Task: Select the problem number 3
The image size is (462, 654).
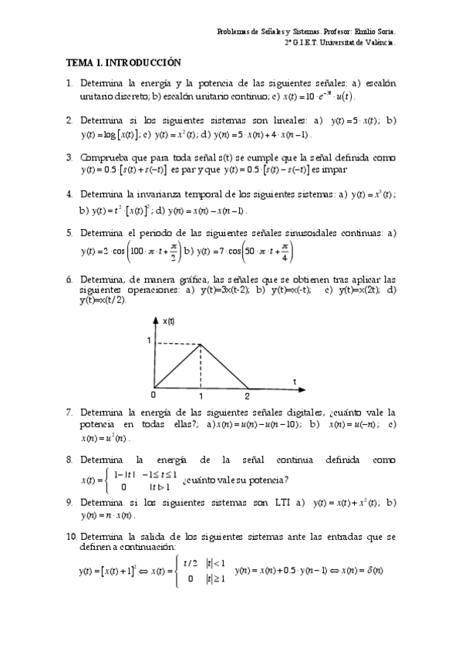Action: pyautogui.click(x=69, y=157)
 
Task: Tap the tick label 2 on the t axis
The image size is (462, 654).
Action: pyautogui.click(x=248, y=396)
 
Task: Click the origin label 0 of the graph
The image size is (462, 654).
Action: pyautogui.click(x=153, y=395)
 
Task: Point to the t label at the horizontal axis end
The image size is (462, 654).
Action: pyautogui.click(x=294, y=381)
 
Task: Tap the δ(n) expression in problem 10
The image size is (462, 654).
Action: pyautogui.click(x=372, y=571)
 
